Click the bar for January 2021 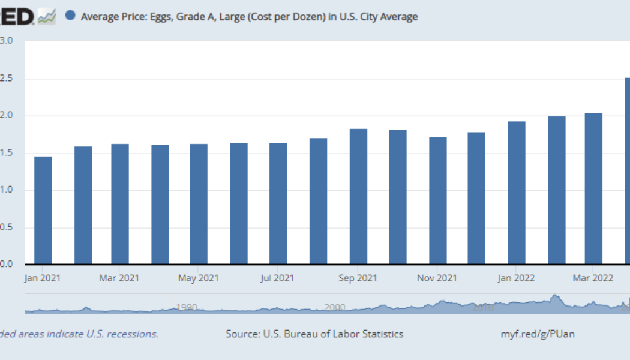(x=43, y=210)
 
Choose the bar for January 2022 (x=517, y=193)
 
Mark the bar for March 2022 (x=593, y=188)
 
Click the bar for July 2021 (x=278, y=203)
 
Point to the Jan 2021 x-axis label (x=43, y=278)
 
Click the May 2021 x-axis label (x=199, y=278)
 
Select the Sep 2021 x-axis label (x=358, y=278)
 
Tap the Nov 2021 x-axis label (x=437, y=278)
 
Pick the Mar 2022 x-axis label (x=593, y=278)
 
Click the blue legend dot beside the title (x=70, y=16)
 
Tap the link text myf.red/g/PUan (x=538, y=334)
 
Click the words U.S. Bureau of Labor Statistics (x=334, y=334)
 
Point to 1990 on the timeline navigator (x=187, y=307)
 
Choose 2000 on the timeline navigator (x=335, y=307)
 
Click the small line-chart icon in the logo (x=46, y=17)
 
